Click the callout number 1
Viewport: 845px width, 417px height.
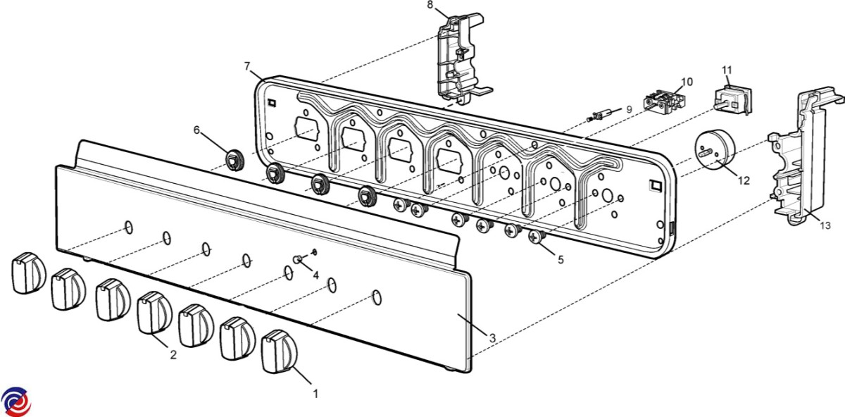316,392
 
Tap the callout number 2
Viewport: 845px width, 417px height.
173,355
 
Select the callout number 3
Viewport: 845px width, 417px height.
492,338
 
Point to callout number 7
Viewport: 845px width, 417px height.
247,66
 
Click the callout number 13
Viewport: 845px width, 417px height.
825,225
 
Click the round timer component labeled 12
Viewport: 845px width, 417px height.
713,152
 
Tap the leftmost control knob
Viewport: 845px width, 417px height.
27,273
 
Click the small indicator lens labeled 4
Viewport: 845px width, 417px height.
299,260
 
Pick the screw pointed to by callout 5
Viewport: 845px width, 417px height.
538,237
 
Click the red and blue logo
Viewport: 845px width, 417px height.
15,402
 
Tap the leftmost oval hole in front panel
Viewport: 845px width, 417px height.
128,227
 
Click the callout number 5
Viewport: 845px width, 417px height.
561,259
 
